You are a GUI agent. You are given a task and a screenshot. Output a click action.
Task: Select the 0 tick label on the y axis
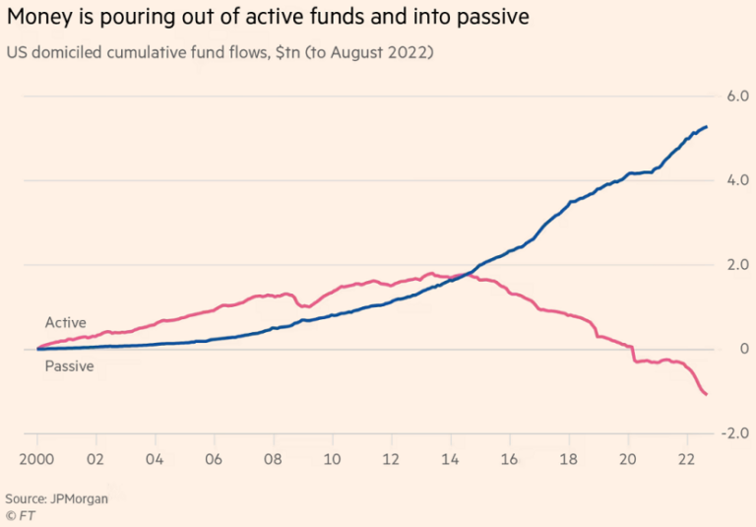tap(743, 349)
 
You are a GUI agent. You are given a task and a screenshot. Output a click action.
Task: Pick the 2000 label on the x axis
tap(37, 458)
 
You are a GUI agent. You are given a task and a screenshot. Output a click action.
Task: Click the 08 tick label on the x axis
tap(273, 458)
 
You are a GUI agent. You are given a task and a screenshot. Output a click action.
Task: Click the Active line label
tap(65, 323)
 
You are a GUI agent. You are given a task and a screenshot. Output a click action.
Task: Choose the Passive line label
tap(69, 366)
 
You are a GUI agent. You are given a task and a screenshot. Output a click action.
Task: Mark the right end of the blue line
tap(707, 126)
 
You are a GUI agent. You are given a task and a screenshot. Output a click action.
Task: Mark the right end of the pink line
tap(707, 395)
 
